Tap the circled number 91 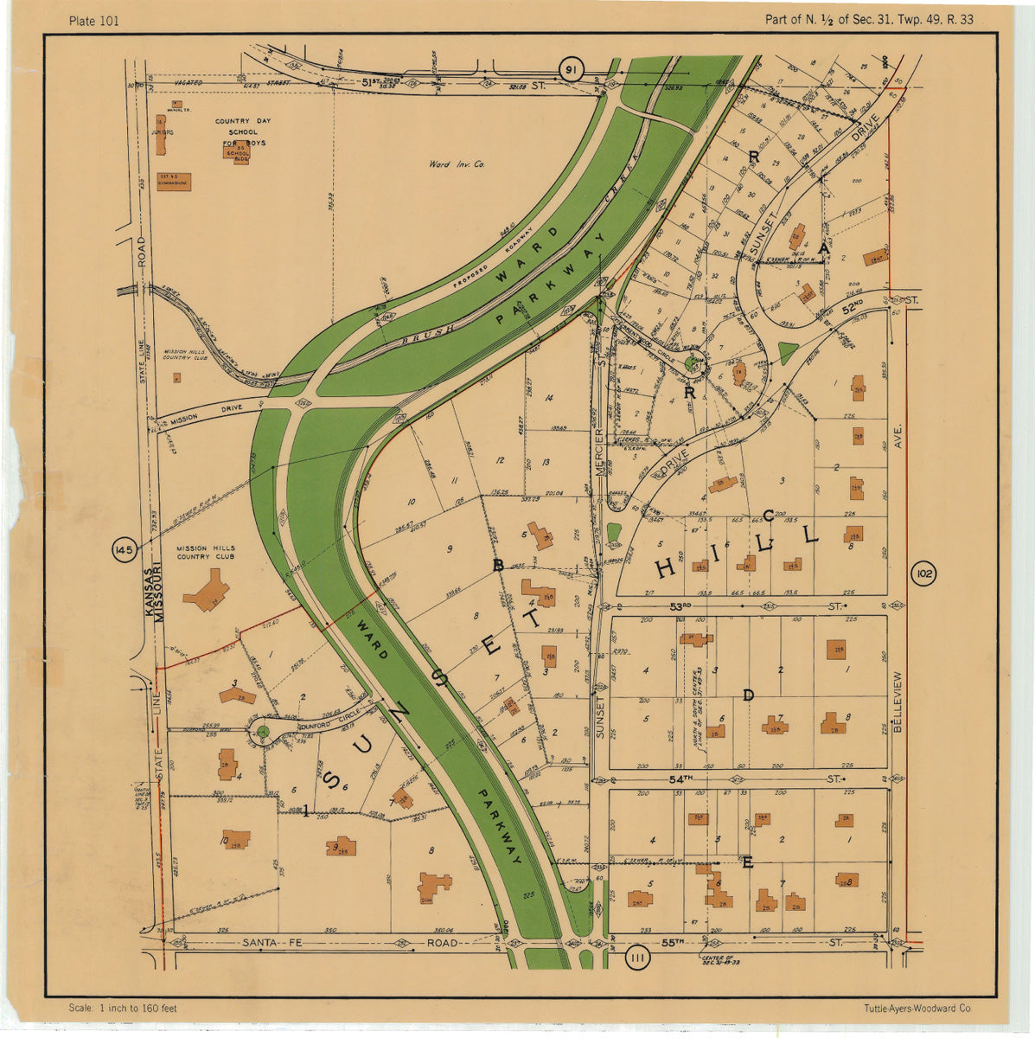pyautogui.click(x=570, y=70)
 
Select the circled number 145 pyautogui.click(x=124, y=549)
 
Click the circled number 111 pyautogui.click(x=637, y=957)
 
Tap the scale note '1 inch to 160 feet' pyautogui.click(x=123, y=1009)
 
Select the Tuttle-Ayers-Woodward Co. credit pyautogui.click(x=917, y=1009)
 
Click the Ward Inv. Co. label pyautogui.click(x=457, y=163)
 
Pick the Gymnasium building pyautogui.click(x=173, y=182)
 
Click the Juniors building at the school pyautogui.click(x=161, y=135)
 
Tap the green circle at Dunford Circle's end pyautogui.click(x=263, y=732)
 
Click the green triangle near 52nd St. pyautogui.click(x=787, y=353)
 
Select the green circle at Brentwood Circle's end pyautogui.click(x=691, y=364)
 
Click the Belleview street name pyautogui.click(x=898, y=702)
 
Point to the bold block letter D pyautogui.click(x=749, y=695)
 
